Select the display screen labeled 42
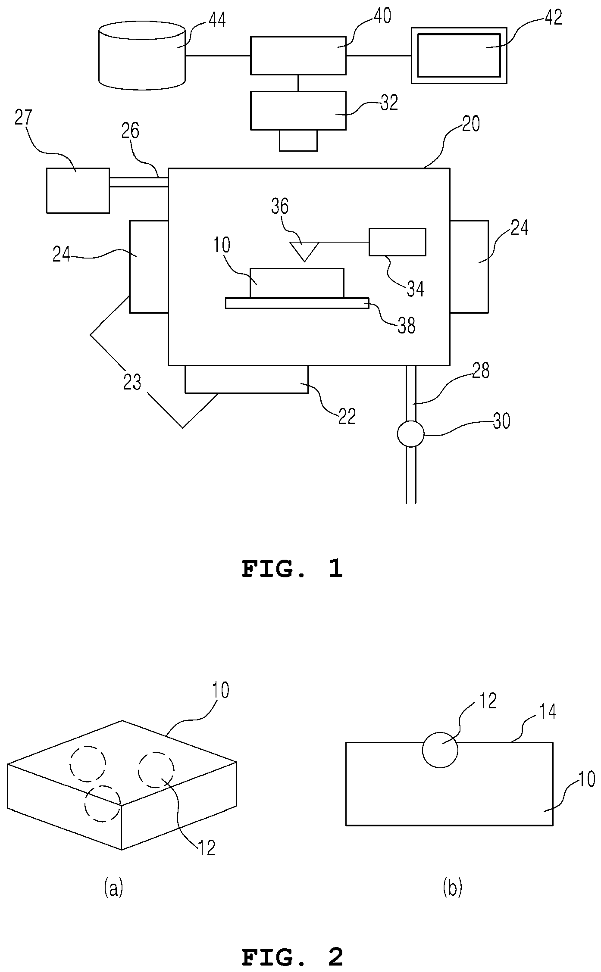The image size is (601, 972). (459, 55)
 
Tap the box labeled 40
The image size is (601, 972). (298, 56)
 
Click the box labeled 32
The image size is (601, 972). (298, 111)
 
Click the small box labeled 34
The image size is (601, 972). (398, 242)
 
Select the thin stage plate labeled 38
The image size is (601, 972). (297, 303)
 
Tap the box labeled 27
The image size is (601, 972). (78, 190)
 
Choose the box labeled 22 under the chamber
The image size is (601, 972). (247, 379)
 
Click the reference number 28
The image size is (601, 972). (481, 371)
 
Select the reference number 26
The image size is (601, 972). (130, 131)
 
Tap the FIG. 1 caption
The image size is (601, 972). (292, 569)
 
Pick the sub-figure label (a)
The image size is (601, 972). (113, 888)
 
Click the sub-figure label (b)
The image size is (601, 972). (452, 888)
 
